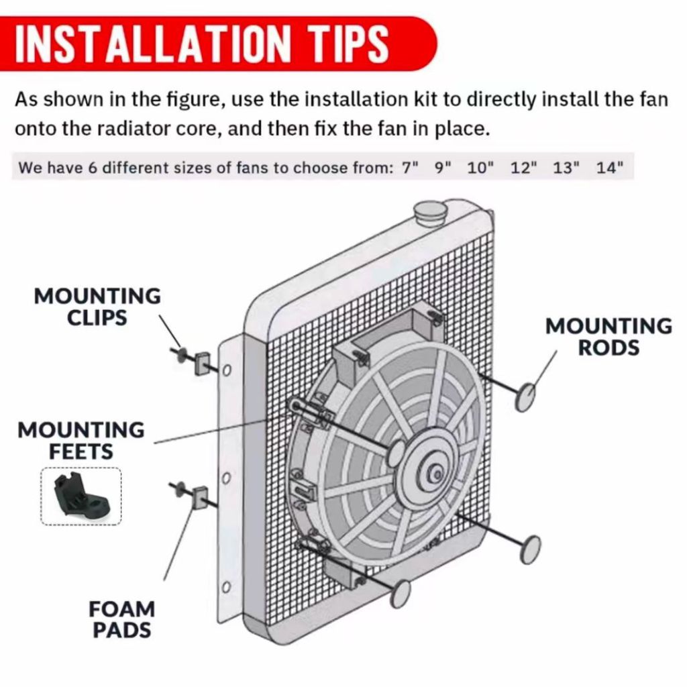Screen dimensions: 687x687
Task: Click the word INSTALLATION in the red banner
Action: [153, 43]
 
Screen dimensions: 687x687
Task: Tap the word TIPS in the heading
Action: [349, 43]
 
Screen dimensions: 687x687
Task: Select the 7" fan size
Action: [410, 167]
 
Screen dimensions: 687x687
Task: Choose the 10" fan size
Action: [480, 167]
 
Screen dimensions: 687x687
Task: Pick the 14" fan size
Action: [609, 167]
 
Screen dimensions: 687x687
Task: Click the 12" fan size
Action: [523, 167]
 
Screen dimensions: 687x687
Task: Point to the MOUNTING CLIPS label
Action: [97, 307]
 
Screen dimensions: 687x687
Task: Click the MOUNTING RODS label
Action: [609, 337]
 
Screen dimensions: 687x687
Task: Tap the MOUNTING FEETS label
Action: [81, 441]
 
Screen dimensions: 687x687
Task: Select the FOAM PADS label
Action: [122, 619]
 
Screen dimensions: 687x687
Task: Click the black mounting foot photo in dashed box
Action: [81, 496]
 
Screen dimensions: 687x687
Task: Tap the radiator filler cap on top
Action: [429, 211]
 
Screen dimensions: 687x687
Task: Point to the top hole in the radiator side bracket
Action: [227, 370]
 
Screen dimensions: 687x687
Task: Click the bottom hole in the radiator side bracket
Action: [226, 586]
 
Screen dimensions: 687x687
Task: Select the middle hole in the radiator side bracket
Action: [226, 478]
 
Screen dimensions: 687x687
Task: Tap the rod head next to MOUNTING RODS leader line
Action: [525, 397]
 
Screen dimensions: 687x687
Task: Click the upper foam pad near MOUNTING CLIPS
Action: [201, 364]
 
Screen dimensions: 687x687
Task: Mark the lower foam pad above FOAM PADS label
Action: [199, 497]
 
